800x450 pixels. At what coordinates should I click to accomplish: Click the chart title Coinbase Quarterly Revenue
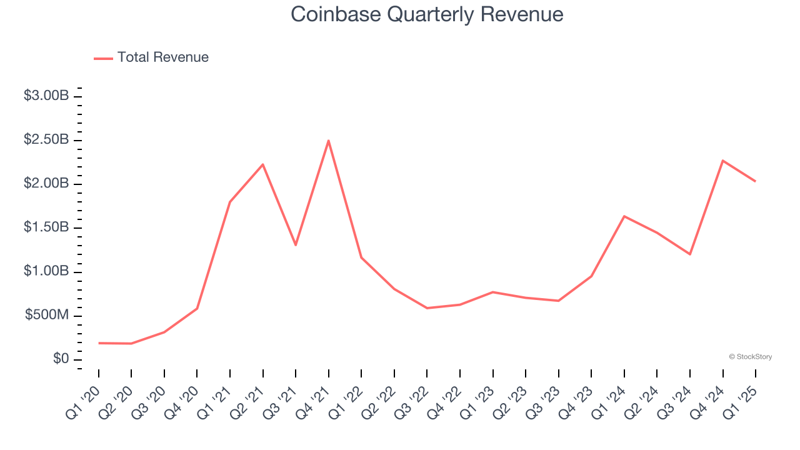click(427, 14)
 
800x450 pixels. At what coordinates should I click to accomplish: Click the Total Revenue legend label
click(162, 57)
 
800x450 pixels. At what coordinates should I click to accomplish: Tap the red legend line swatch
click(103, 58)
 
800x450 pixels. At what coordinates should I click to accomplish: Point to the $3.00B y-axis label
click(46, 96)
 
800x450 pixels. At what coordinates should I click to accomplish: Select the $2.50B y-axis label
click(46, 140)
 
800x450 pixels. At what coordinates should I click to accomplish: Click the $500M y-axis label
click(47, 315)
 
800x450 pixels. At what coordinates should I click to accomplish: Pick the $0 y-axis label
click(61, 359)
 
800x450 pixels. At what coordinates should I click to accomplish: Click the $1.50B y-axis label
click(46, 227)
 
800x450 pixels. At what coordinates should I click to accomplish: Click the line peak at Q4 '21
click(328, 141)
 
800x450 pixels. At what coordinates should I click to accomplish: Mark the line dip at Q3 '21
click(296, 244)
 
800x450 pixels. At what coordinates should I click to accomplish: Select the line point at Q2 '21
click(263, 164)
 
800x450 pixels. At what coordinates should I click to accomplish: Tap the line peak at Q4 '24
click(722, 161)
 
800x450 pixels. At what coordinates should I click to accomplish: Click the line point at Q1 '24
click(624, 216)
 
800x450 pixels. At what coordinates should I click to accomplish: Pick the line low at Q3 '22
click(427, 308)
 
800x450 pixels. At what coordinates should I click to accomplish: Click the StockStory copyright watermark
click(750, 357)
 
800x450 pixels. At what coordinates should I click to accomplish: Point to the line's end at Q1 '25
click(755, 181)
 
